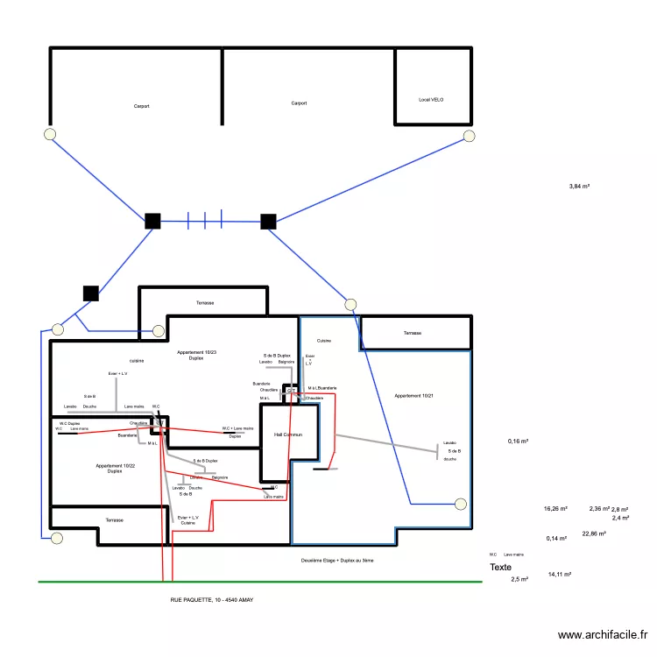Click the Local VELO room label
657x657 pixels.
[431, 100]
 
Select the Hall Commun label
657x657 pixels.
[287, 434]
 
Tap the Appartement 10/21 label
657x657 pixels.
[414, 396]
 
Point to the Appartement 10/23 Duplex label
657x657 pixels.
[196, 355]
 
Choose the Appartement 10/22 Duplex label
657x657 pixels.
[115, 468]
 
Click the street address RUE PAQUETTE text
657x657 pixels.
[212, 600]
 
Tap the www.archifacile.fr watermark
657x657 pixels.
[604, 636]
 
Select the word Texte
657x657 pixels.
[500, 568]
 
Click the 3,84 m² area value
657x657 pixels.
[579, 187]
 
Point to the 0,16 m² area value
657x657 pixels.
[518, 442]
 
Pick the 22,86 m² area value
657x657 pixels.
[594, 533]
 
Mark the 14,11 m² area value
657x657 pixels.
[559, 575]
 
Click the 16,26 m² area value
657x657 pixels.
[555, 508]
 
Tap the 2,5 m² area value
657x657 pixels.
[519, 579]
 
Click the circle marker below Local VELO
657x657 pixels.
[470, 135]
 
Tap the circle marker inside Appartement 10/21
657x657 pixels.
[461, 504]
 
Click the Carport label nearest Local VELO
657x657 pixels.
[299, 103]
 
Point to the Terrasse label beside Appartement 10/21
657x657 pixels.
[412, 334]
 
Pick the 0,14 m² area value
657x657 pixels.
[555, 538]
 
